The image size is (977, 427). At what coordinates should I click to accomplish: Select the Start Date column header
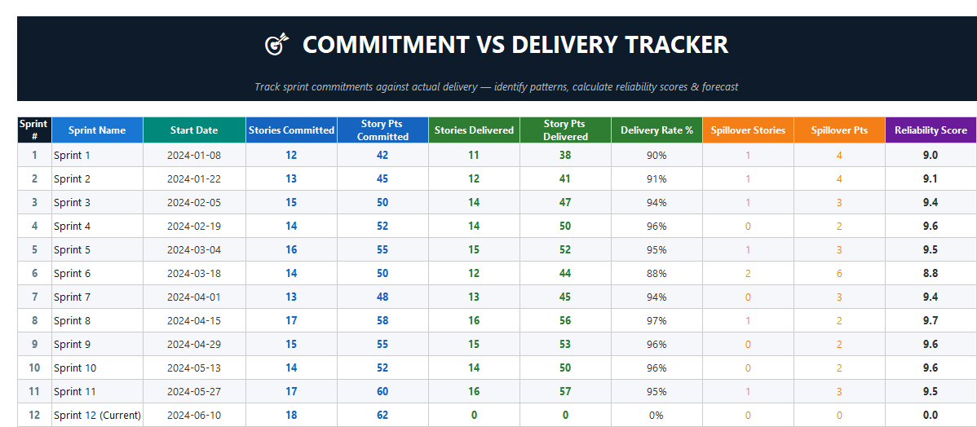(193, 130)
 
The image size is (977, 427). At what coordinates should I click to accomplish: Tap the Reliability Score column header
(931, 130)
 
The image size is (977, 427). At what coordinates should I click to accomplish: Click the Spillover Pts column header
(839, 130)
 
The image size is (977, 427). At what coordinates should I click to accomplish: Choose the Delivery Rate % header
(656, 130)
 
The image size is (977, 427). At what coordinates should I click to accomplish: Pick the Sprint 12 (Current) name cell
(97, 415)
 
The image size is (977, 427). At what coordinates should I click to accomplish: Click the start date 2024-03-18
(193, 273)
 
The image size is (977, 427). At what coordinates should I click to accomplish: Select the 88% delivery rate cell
(656, 273)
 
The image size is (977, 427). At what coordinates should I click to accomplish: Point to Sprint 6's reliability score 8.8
(931, 273)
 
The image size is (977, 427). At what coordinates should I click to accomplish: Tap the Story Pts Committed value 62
(382, 415)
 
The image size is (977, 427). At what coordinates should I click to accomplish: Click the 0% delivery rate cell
(656, 415)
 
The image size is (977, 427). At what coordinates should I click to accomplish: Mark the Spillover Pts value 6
(839, 273)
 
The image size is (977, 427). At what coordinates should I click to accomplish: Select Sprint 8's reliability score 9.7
(931, 320)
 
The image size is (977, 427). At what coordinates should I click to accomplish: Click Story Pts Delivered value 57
(565, 391)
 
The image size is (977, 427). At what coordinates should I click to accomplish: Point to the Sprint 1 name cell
(72, 155)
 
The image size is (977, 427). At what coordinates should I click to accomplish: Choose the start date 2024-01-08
(193, 155)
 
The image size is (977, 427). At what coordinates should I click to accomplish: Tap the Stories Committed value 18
(291, 415)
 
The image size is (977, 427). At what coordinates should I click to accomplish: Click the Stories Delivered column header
(474, 130)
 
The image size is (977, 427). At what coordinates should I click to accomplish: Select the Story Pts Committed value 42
(382, 155)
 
